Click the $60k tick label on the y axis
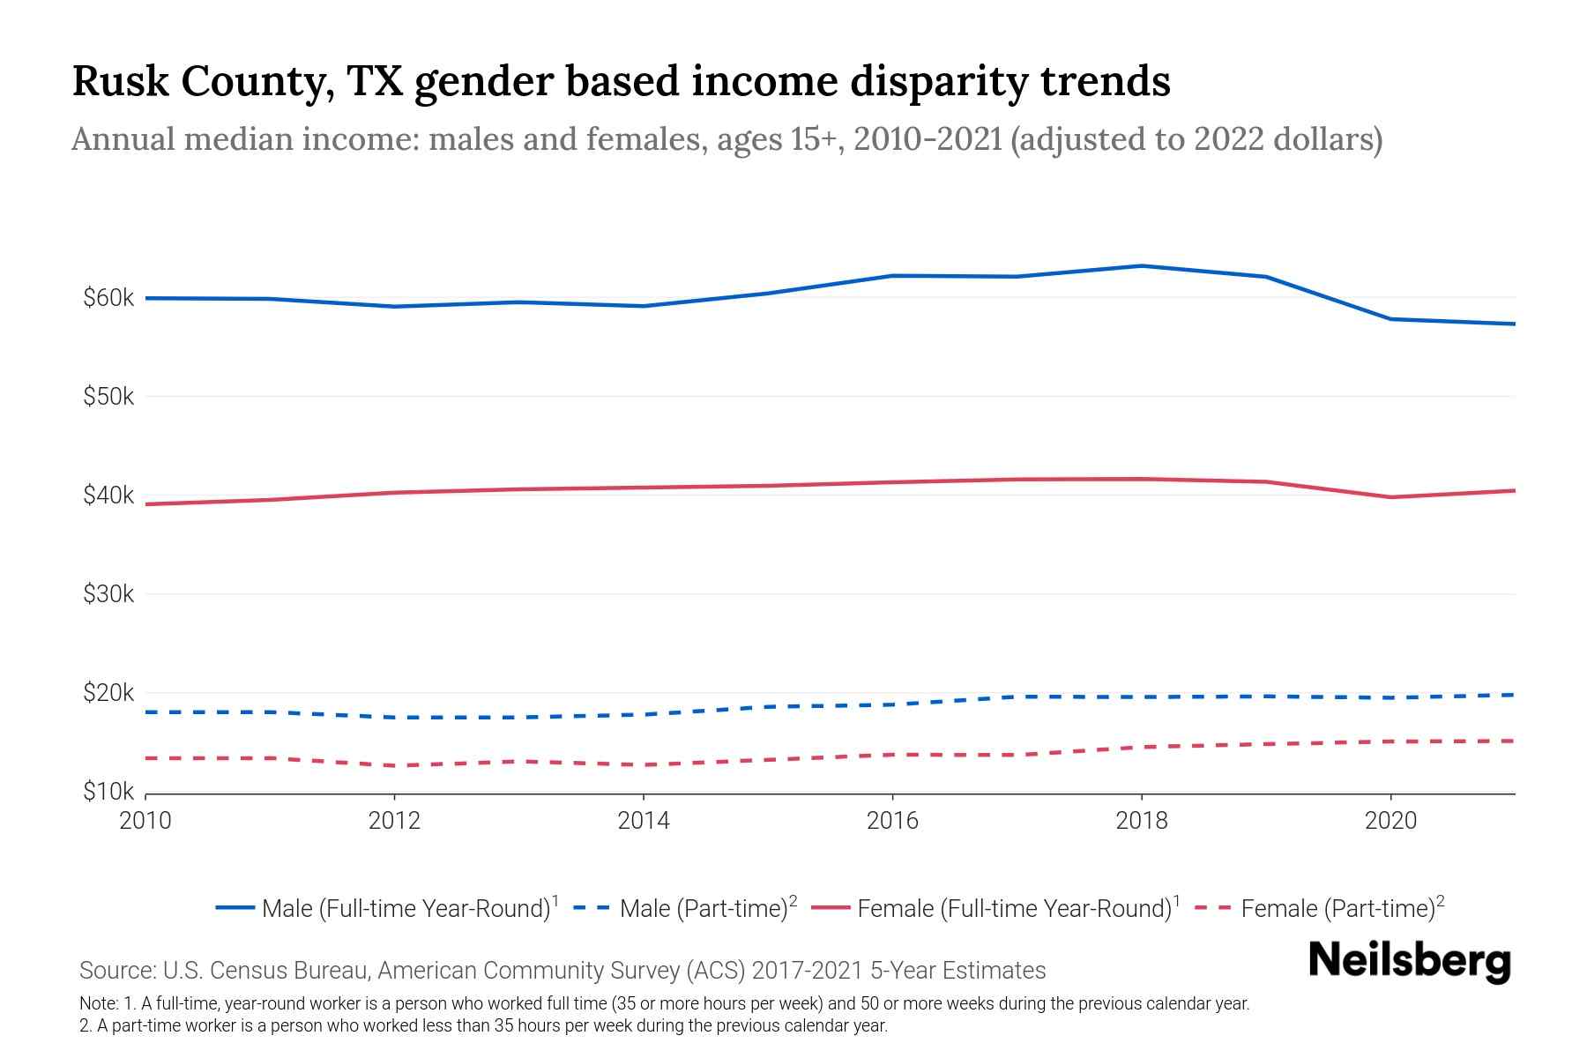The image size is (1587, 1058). (x=108, y=298)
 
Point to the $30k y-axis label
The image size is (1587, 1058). (x=108, y=594)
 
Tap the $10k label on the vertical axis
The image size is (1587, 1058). (x=108, y=792)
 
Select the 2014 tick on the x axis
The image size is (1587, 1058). (x=644, y=822)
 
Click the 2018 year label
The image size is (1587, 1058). (x=1142, y=822)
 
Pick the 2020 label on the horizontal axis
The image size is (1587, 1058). (x=1390, y=822)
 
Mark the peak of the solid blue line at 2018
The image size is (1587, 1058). (x=1142, y=265)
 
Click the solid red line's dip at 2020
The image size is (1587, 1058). (x=1390, y=497)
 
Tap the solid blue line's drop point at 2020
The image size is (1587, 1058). (x=1390, y=319)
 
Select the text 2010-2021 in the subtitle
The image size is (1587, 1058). (x=928, y=139)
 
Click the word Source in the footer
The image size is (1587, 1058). (x=115, y=971)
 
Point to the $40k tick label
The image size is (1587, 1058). (x=108, y=495)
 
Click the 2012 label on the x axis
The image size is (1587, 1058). (x=395, y=822)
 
